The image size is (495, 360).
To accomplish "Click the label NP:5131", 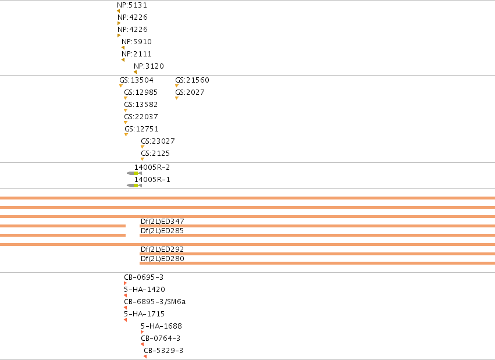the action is tap(132, 5).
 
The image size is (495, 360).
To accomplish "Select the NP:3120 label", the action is tap(149, 66).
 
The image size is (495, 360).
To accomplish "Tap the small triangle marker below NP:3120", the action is tap(135, 72).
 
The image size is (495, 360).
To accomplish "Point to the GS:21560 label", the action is tap(193, 80).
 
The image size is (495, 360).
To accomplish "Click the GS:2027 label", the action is tap(190, 92).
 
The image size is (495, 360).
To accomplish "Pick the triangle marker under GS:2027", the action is tap(177, 98).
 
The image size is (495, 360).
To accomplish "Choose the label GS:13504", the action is tap(136, 80).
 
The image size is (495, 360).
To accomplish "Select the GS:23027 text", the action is tap(158, 141).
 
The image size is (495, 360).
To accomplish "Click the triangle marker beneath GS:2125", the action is tap(143, 159).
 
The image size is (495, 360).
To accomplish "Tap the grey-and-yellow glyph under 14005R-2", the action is tap(134, 173).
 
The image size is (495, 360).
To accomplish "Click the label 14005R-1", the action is tap(152, 180).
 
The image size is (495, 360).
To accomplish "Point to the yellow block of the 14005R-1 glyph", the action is tap(136, 186).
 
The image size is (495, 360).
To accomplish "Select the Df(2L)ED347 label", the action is tap(162, 222).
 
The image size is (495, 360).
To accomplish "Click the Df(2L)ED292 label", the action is tap(162, 249).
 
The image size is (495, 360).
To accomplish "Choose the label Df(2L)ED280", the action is tap(162, 259).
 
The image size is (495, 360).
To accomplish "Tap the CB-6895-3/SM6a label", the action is tap(155, 302).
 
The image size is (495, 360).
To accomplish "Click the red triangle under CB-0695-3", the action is tap(125, 283).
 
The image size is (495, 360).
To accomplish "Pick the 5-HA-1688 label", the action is tap(161, 326).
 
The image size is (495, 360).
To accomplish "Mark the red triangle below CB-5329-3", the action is tap(145, 357).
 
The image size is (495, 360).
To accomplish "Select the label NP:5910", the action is tap(136, 42).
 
